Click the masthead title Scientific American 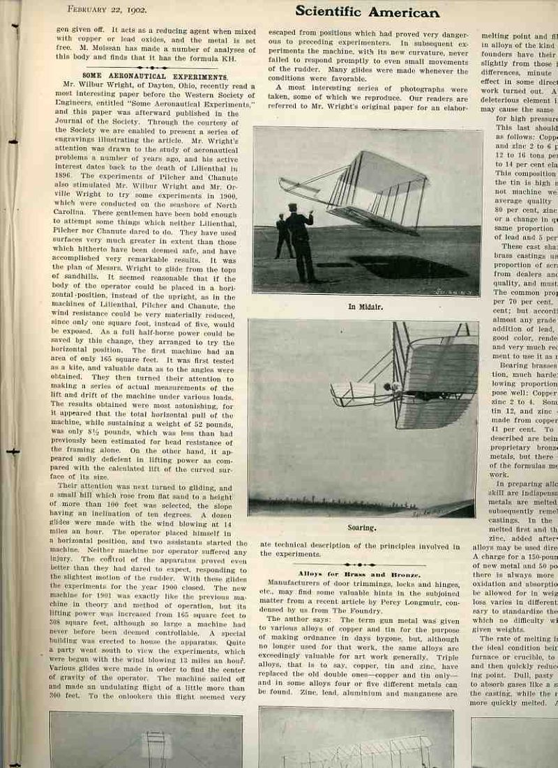point(367,12)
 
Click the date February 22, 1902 point(105,10)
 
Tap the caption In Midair point(367,306)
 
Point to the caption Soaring point(361,528)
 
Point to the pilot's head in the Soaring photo point(395,387)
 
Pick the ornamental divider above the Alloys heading point(360,565)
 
